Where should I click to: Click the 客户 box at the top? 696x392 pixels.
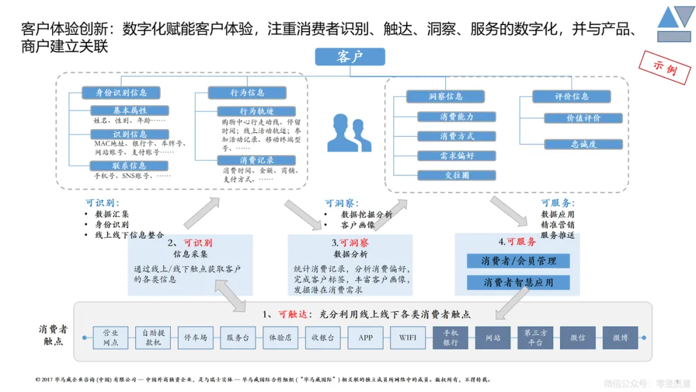[349, 57]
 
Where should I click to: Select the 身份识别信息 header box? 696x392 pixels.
[117, 93]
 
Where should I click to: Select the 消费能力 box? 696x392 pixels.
[456, 117]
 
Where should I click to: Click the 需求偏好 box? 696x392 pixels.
[456, 155]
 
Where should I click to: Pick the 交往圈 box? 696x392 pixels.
[456, 175]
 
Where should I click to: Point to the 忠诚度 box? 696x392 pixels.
[583, 144]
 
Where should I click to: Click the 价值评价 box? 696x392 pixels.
[583, 118]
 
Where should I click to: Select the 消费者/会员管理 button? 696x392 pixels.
[519, 261]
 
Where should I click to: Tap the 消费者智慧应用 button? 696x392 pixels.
[519, 282]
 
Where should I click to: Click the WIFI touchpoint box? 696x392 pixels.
[408, 337]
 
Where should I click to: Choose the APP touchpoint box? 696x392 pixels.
[365, 337]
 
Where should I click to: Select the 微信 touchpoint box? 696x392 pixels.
[577, 337]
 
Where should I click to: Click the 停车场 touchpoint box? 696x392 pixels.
[195, 337]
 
